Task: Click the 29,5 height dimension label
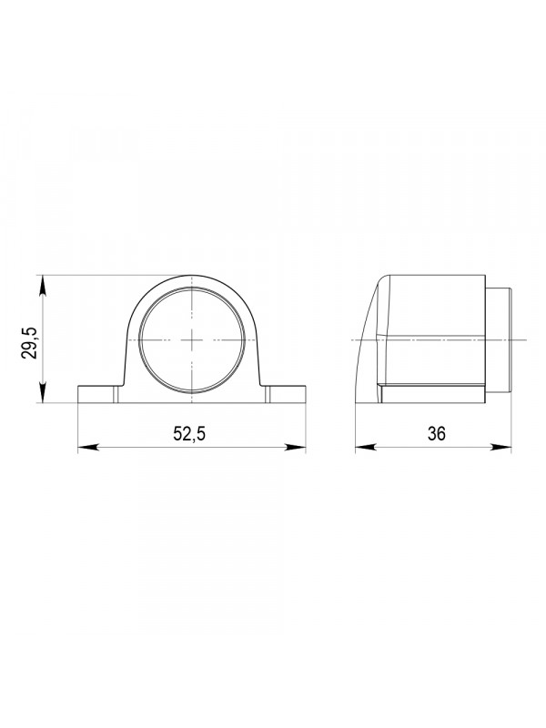coord(29,343)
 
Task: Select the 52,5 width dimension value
coord(189,434)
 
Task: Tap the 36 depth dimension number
coord(437,434)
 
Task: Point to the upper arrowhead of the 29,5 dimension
coord(42,285)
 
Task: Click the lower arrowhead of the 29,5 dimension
coord(42,393)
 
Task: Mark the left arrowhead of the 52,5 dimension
coord(87,448)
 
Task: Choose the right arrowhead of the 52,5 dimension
coord(296,448)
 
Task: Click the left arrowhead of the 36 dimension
coord(366,448)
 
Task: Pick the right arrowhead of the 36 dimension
coord(500,448)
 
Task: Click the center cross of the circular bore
coord(192,339)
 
